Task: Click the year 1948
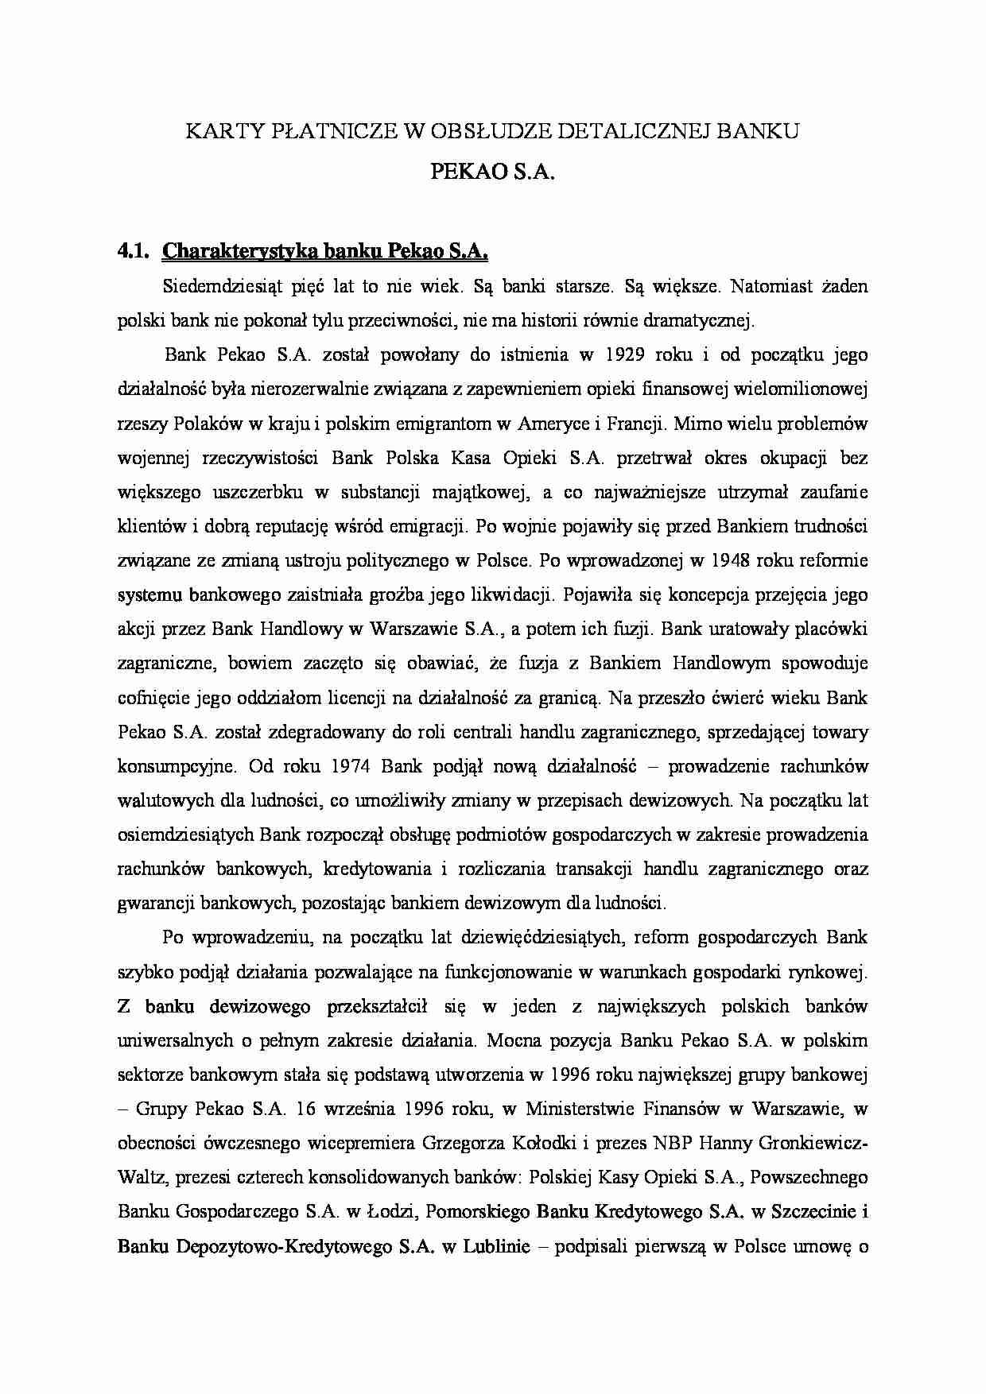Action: click(732, 560)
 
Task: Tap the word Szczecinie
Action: click(815, 1212)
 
